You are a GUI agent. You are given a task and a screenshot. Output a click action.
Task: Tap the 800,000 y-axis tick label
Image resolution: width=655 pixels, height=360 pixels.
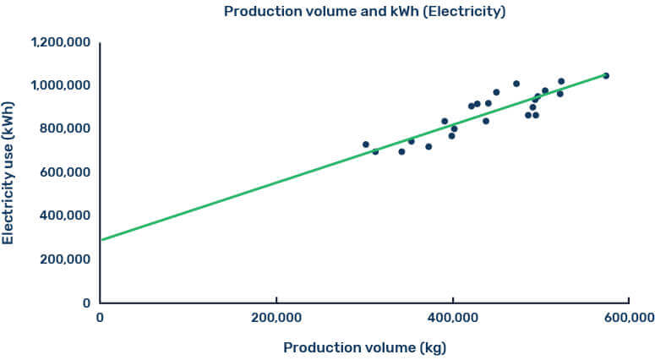pos(65,129)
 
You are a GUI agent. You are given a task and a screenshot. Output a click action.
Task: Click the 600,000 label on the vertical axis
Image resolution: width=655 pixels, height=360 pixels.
pos(65,172)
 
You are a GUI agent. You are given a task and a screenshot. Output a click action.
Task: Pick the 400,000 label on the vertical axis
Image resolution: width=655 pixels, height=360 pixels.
pos(65,215)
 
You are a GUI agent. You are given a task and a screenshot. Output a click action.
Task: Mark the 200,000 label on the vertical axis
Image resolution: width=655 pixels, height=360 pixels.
pos(65,259)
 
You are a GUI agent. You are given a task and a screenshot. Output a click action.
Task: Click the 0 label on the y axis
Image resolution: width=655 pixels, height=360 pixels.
pos(85,303)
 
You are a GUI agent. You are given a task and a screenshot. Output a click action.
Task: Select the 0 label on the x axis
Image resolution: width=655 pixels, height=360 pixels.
pos(100,318)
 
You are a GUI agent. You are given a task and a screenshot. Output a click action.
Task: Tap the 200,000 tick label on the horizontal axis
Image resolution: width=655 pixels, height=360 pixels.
pos(276,318)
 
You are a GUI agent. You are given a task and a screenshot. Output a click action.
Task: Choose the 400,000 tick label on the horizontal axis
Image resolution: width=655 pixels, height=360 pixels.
pos(453,318)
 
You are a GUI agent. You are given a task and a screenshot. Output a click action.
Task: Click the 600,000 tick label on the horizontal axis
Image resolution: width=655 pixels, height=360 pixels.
pos(630,318)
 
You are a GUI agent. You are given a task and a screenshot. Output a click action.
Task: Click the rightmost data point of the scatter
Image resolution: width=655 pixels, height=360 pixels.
pos(606,76)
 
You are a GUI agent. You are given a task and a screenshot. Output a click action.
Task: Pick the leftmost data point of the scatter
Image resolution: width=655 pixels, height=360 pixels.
pos(366,145)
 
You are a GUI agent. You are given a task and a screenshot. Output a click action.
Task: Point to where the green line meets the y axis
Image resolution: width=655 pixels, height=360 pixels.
pos(100,240)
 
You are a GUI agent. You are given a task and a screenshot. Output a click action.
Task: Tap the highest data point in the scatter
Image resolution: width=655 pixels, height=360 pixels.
pos(606,76)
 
